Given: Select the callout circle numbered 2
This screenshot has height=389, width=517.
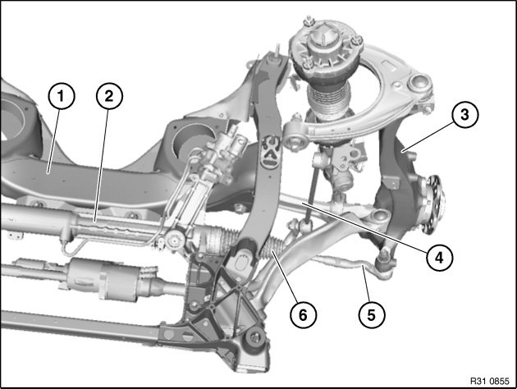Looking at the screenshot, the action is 109,95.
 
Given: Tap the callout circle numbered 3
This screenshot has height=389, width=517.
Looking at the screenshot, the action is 465,115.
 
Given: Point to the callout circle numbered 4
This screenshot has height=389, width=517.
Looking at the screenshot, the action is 440,257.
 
